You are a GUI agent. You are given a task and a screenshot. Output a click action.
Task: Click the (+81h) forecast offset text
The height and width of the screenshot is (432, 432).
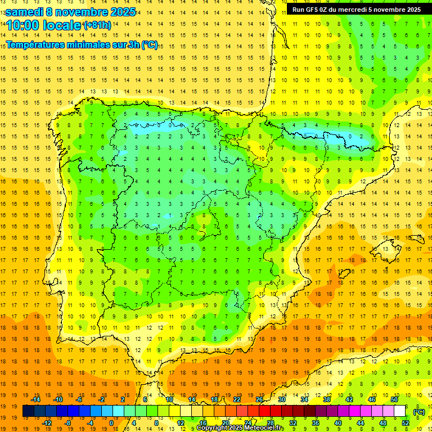pyautogui.click(x=97, y=25)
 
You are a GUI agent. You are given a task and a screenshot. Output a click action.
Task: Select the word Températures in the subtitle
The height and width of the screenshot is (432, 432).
pyautogui.click(x=38, y=45)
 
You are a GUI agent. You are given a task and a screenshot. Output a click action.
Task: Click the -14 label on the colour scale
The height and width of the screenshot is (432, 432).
pyautogui.click(x=36, y=399)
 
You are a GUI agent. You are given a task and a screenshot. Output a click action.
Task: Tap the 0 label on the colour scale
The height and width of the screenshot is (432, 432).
pyautogui.click(x=111, y=423)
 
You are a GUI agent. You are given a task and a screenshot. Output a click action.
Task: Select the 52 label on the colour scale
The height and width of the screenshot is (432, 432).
pyautogui.click(x=406, y=423)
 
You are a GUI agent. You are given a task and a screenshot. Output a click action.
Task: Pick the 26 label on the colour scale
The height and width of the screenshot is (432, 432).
pyautogui.click(x=259, y=399)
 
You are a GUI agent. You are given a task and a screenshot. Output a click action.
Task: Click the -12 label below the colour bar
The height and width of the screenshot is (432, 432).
pyautogui.click(x=47, y=423)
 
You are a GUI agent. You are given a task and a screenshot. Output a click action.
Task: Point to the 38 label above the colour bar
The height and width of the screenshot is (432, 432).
pyautogui.click(x=327, y=399)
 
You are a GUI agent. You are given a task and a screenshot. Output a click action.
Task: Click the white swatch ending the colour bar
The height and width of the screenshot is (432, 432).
pyautogui.click(x=400, y=411)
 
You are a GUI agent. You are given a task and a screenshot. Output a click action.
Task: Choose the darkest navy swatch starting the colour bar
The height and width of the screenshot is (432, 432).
pyautogui.click(x=28, y=411)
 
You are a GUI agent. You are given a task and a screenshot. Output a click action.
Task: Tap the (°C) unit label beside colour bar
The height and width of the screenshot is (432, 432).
pyautogui.click(x=419, y=412)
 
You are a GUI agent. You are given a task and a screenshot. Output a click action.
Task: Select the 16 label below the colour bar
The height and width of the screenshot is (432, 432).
pyautogui.click(x=203, y=423)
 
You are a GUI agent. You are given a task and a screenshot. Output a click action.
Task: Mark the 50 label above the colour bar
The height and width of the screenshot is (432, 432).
pyautogui.click(x=394, y=399)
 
